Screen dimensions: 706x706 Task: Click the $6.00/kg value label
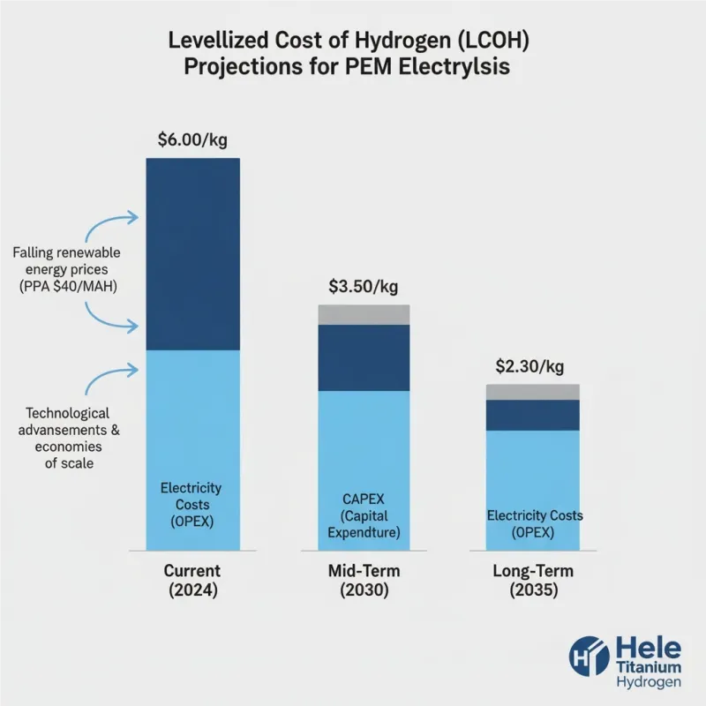pos(192,139)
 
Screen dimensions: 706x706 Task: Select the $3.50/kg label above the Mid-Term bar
pos(363,286)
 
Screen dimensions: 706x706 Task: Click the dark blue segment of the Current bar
pos(192,254)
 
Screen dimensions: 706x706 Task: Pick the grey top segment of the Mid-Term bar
pos(364,314)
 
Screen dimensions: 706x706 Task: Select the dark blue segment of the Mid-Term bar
pos(364,357)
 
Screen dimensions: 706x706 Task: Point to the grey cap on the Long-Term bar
pos(532,392)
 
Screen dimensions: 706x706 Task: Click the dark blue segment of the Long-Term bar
pos(532,415)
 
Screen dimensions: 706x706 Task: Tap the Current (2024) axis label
pos(192,581)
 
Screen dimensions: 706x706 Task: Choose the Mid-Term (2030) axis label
pos(363,581)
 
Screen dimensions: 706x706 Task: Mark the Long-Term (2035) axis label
pos(532,581)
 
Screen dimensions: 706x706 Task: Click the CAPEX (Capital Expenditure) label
pos(364,516)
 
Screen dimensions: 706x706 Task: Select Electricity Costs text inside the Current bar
pos(192,504)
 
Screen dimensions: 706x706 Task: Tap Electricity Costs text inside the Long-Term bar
pos(535,523)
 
